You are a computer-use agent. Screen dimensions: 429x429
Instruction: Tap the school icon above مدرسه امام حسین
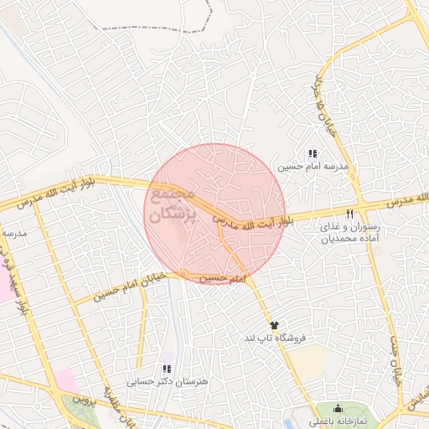coord(313,154)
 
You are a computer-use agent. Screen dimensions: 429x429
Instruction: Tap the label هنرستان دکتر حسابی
coord(154,382)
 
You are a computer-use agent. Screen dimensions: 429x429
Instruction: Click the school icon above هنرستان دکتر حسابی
coord(166,369)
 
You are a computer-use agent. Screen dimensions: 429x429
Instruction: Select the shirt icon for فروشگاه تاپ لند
coord(274,324)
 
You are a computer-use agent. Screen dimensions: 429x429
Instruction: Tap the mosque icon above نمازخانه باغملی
coord(339,408)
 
